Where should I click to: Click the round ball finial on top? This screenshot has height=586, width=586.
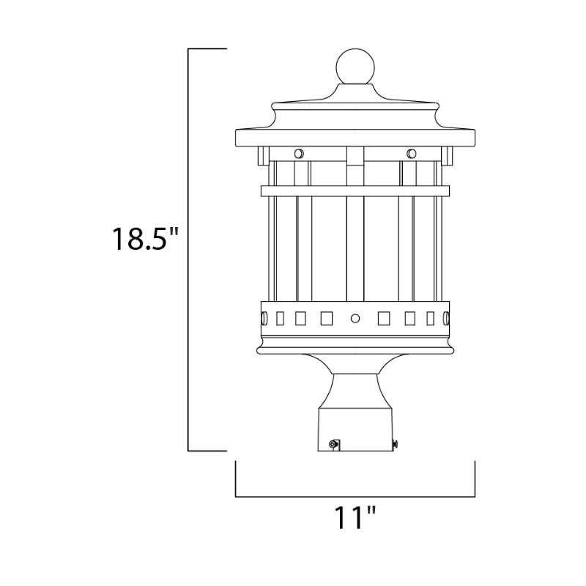(355, 67)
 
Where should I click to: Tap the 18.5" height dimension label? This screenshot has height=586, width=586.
(145, 239)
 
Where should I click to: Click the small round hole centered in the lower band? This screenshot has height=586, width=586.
(355, 319)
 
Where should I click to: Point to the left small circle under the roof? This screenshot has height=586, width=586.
(299, 154)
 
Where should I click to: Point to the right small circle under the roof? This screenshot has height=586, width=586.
(412, 154)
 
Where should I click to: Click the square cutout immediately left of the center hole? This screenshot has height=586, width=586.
(326, 319)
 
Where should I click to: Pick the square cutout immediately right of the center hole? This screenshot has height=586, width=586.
(384, 319)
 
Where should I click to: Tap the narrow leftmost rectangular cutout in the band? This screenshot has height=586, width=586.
(280, 319)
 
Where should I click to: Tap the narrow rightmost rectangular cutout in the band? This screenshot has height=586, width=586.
(431, 319)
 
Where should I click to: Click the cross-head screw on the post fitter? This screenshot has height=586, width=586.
(333, 444)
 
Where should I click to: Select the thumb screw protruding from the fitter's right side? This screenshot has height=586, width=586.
(396, 444)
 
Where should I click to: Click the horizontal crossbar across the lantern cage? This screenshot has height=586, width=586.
(355, 190)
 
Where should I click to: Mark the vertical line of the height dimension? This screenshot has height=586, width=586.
(188, 250)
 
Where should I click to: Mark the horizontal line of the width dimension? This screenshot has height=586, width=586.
(355, 497)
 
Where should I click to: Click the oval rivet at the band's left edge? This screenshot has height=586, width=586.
(264, 319)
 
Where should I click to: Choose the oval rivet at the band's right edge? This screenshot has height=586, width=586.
(446, 319)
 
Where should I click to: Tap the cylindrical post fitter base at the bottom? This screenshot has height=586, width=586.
(355, 429)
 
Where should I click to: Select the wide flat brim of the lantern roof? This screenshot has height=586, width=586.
(355, 138)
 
